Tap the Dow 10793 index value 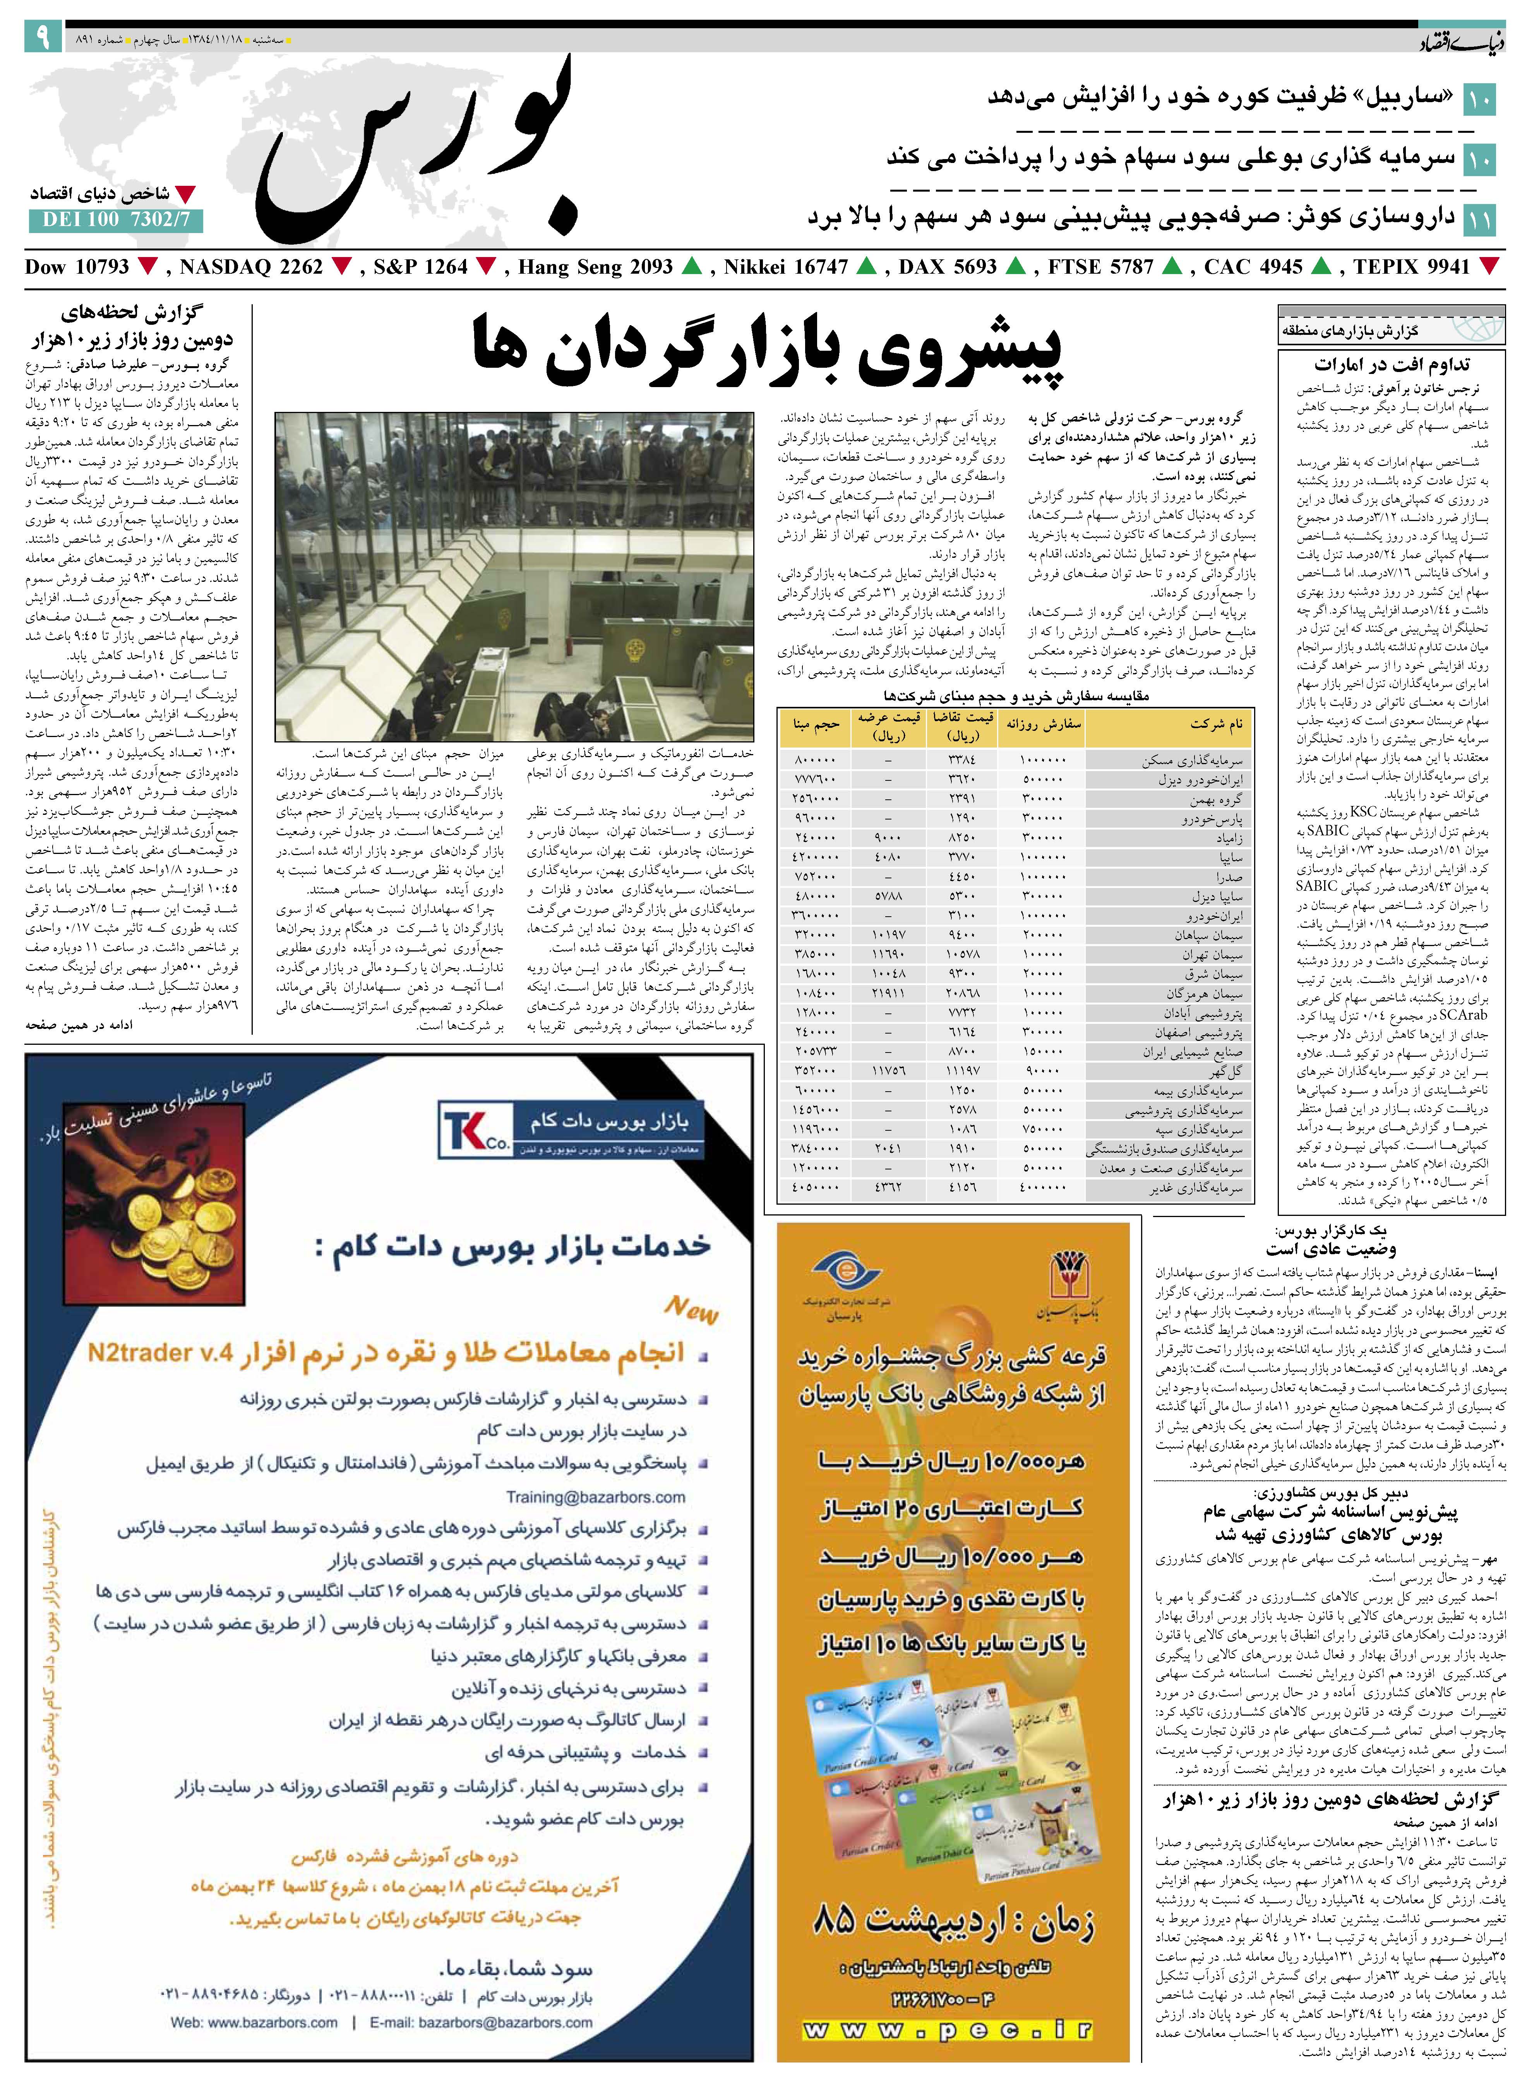pos(77,267)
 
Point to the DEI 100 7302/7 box pos(116,220)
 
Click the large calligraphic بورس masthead pos(416,153)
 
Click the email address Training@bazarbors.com pos(595,1497)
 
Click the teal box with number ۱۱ pos(1479,220)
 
